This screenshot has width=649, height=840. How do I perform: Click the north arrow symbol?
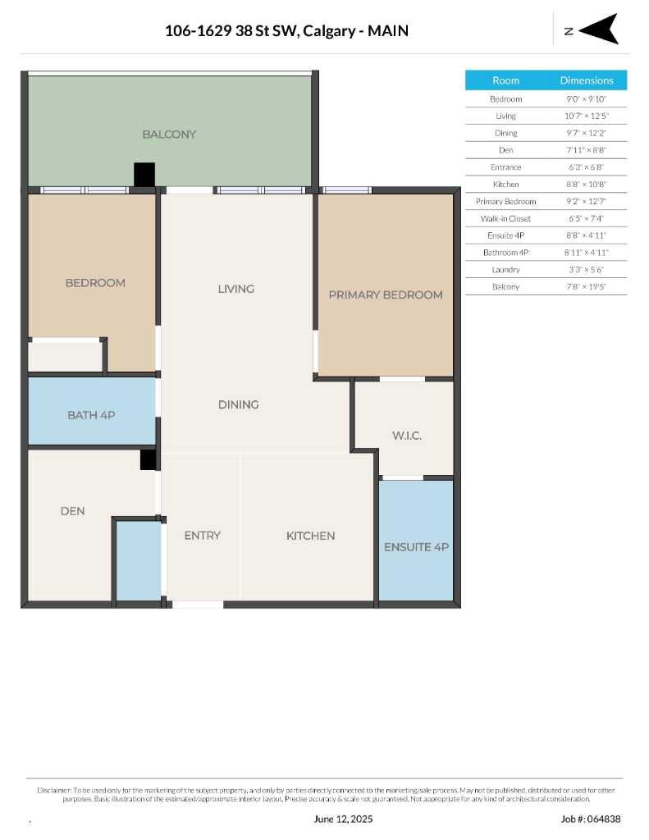point(601,30)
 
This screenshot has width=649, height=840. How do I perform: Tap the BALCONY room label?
point(169,134)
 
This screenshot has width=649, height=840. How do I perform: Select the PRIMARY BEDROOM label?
point(385,294)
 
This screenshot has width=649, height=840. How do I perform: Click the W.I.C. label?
point(406,436)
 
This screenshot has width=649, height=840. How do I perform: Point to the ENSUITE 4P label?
point(416,546)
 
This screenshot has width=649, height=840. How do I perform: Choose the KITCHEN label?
point(310,536)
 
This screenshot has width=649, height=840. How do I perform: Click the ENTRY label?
point(202,536)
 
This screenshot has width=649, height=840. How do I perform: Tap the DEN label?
point(72,511)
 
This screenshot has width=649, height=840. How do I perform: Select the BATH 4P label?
point(91,415)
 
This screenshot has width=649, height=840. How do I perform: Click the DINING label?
point(238,404)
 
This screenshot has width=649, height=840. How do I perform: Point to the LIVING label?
point(236,289)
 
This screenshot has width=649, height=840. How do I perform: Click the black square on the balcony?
point(144,174)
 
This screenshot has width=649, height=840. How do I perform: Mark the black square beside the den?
point(148,459)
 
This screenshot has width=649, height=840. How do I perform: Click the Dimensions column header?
point(586,80)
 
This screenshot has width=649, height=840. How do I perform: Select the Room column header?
point(505,80)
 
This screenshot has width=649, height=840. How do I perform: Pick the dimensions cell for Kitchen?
point(586,185)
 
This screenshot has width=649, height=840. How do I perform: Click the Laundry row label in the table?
point(505,270)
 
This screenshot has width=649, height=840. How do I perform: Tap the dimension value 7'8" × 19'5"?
point(586,287)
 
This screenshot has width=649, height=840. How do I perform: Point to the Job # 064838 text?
point(591,819)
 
